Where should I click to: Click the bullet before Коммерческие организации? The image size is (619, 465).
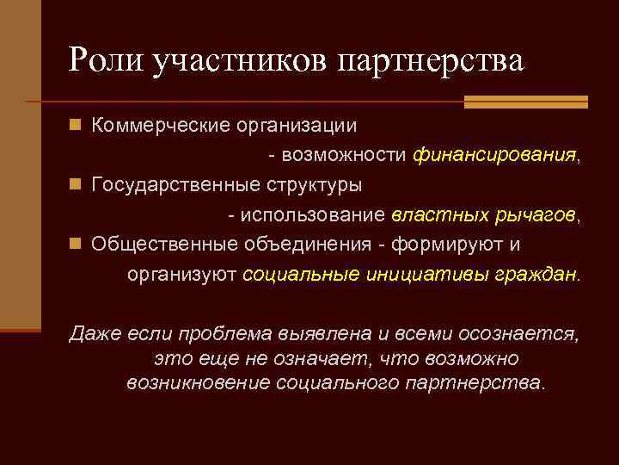pyautogui.click(x=76, y=126)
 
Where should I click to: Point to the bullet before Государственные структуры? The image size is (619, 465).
pyautogui.click(x=76, y=185)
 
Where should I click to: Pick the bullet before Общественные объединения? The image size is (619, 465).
pyautogui.click(x=76, y=245)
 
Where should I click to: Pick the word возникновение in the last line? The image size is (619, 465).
pyautogui.click(x=199, y=381)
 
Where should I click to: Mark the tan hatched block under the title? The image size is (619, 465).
pyautogui.click(x=525, y=102)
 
